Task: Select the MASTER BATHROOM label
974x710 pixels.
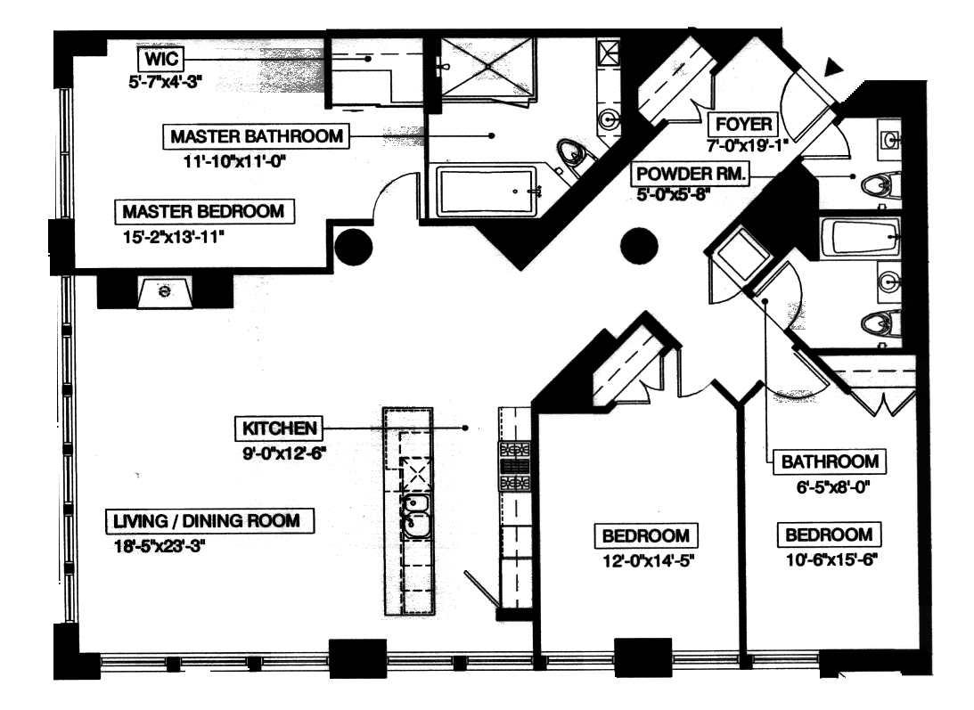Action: (x=256, y=137)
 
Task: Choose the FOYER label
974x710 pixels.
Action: (x=728, y=124)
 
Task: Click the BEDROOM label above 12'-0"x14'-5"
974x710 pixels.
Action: (x=646, y=536)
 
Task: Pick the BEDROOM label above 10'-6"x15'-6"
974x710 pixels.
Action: (x=828, y=535)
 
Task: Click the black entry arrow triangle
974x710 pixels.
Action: (x=833, y=67)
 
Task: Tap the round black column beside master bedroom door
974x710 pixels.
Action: (x=352, y=246)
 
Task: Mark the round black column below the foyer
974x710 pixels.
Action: (x=638, y=245)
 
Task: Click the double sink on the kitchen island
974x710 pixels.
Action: (x=413, y=517)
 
